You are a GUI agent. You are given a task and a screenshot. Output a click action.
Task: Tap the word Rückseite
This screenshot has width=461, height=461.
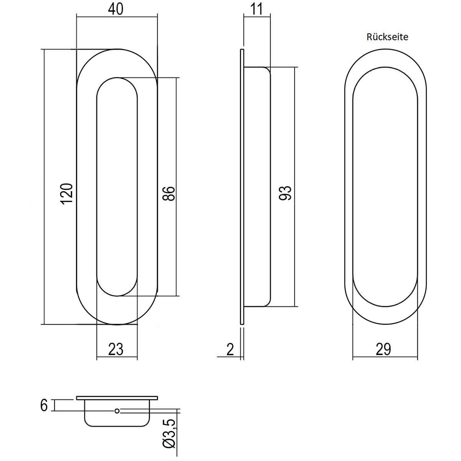click(x=387, y=37)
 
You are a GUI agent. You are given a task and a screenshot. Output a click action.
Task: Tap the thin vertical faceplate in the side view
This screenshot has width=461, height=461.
click(x=242, y=187)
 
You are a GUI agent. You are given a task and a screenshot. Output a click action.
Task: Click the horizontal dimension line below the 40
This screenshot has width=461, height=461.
click(x=117, y=17)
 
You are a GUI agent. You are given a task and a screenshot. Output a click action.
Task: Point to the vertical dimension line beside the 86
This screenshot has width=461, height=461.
click(x=177, y=187)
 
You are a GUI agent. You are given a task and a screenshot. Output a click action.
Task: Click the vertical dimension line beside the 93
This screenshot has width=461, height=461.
click(x=295, y=187)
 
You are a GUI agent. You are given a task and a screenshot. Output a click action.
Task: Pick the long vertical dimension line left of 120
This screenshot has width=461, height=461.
click(x=45, y=187)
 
